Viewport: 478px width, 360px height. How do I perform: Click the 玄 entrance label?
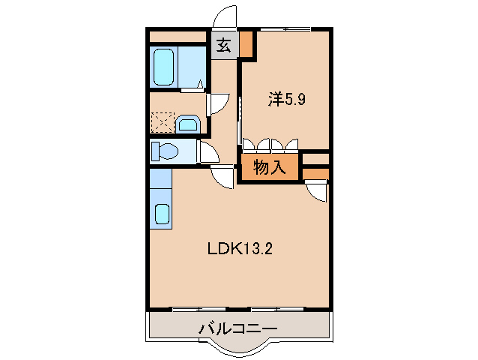pos(223,46)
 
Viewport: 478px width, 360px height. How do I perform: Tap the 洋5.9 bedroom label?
pos(286,99)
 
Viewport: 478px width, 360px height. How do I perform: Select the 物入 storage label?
pos(270,168)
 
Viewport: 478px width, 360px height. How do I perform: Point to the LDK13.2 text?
pos(240,249)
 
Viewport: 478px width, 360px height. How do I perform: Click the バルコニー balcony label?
pos(238,328)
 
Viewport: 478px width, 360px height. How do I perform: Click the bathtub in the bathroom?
pos(165,67)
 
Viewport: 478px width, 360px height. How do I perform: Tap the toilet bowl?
pos(166,152)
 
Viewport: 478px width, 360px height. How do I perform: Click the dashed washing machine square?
pos(162,122)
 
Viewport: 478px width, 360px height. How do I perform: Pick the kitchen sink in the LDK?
pos(162,213)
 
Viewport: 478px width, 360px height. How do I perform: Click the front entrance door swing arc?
pos(224,16)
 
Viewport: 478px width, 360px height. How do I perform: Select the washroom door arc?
pos(217,103)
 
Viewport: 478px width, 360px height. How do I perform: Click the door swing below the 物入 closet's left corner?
pos(224,178)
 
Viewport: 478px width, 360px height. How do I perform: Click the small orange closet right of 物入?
pos(316,174)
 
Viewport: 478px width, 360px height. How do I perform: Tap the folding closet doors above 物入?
pos(270,145)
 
